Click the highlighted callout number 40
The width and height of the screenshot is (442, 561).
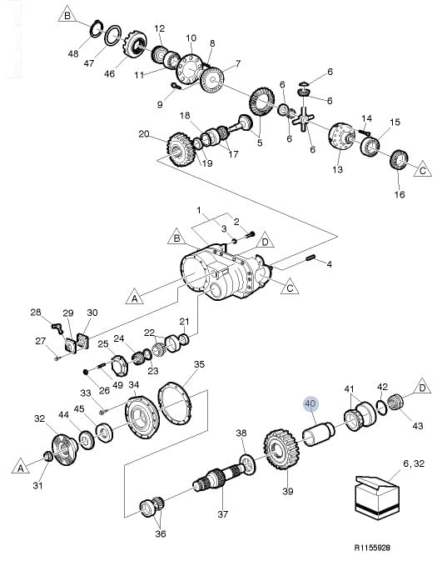310,404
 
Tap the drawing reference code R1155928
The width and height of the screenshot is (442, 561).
372,548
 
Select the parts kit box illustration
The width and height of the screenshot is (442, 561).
377,498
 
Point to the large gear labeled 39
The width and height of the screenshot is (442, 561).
283,449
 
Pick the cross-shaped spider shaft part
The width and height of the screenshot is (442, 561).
303,119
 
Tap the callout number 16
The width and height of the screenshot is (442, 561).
399,194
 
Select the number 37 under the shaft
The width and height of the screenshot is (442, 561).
222,514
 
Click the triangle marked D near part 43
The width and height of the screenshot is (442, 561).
422,388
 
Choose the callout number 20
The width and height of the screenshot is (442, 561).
144,134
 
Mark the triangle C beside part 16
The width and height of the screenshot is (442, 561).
423,169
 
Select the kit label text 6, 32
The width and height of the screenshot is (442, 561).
414,463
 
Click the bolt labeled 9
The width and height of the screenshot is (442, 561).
176,86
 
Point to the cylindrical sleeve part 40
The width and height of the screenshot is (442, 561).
318,433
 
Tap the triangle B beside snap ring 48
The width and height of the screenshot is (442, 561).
67,16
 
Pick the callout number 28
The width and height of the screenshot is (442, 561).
36,312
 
